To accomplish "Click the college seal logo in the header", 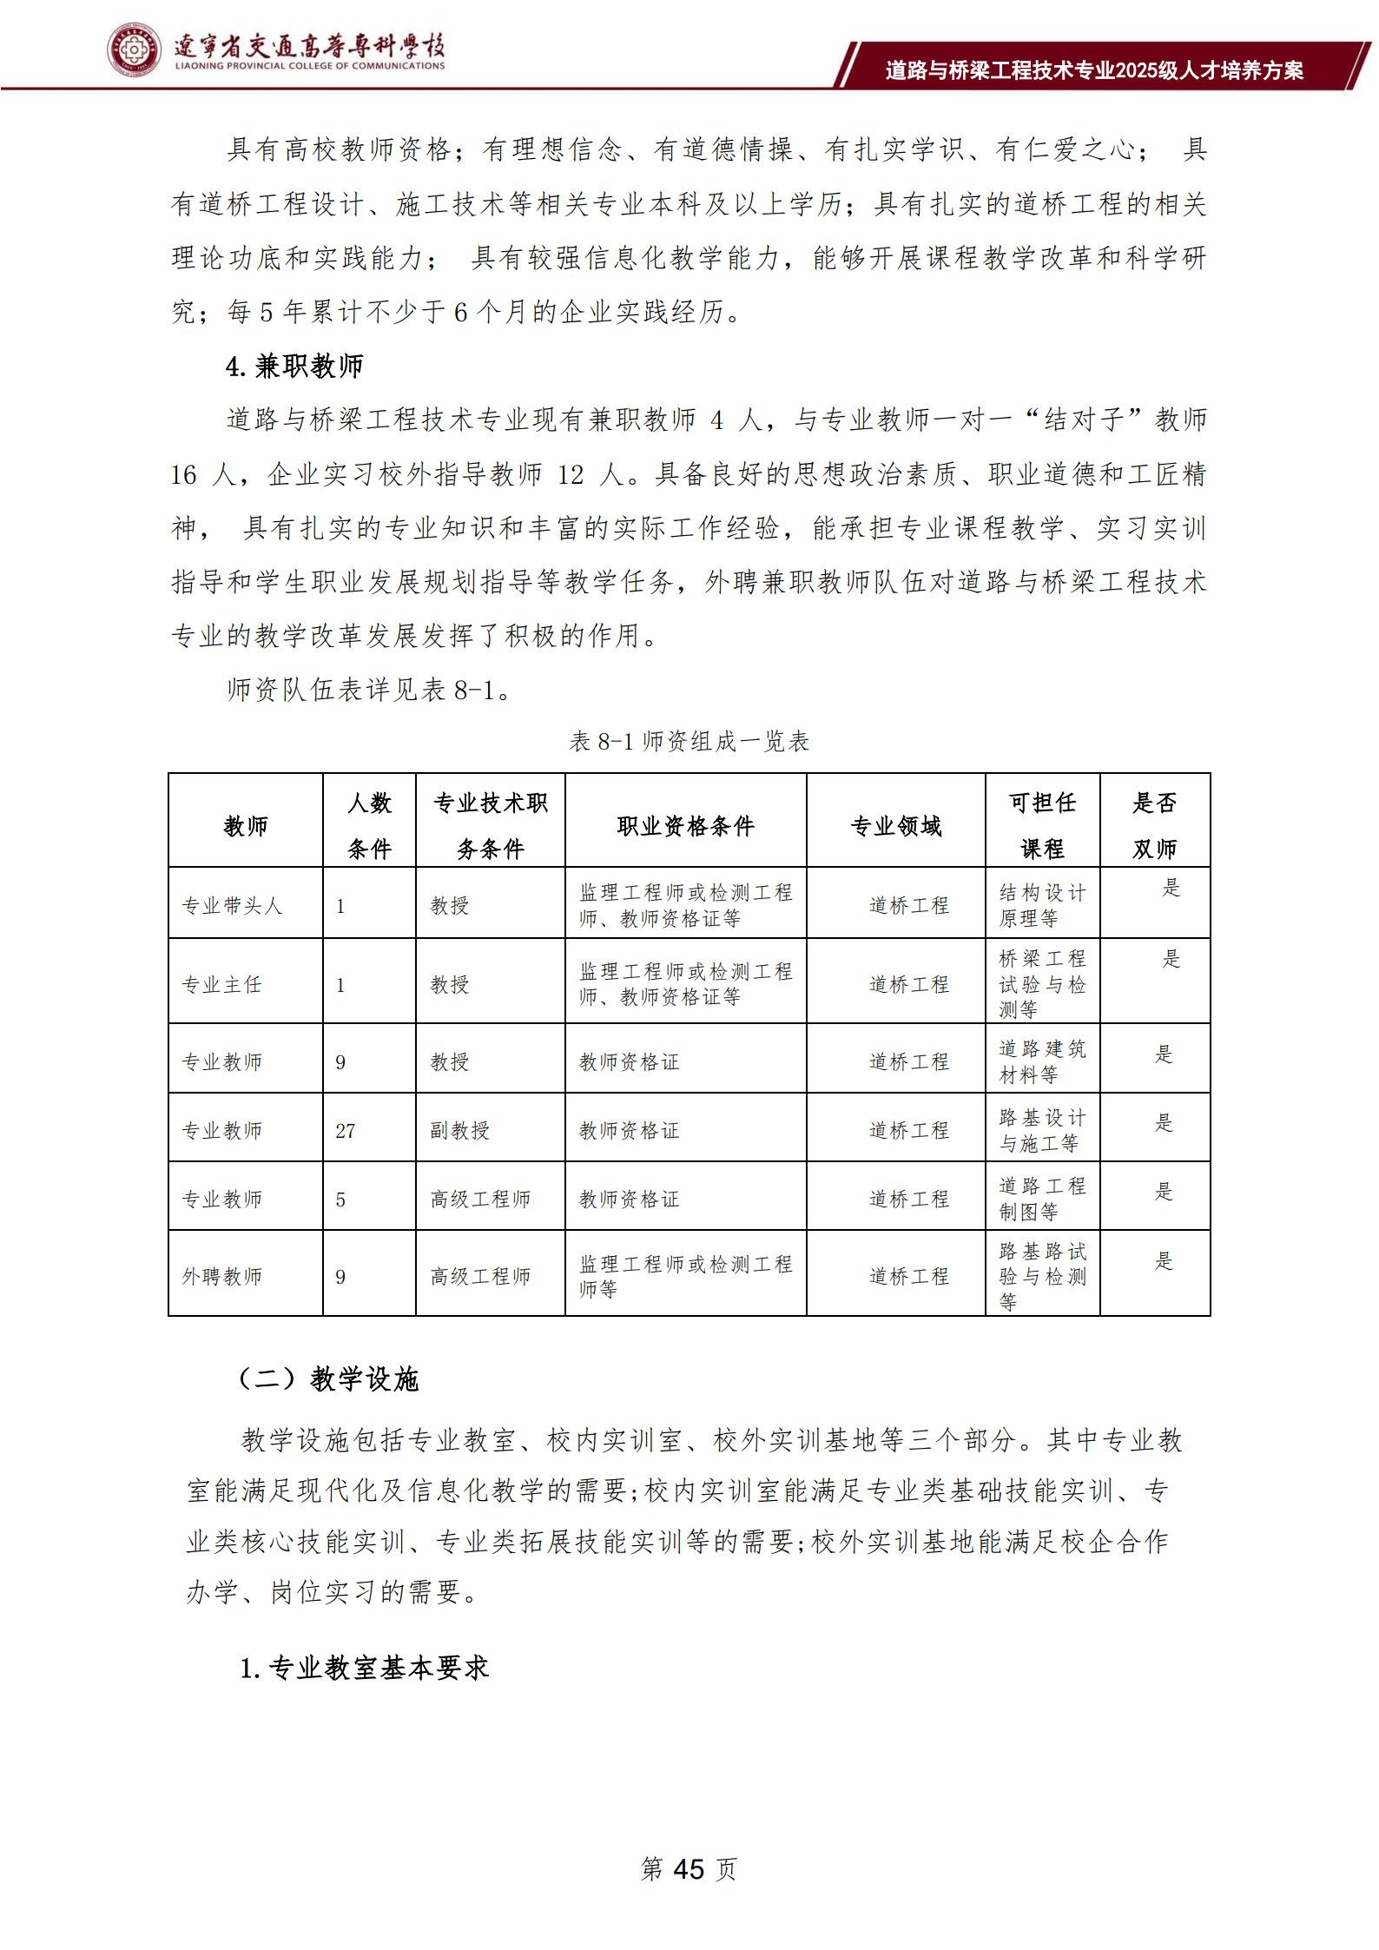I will pos(135,50).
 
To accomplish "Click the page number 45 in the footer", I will pos(688,1868).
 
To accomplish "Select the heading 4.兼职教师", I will pos(294,367).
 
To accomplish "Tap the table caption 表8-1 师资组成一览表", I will pos(689,741).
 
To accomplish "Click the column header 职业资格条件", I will pos(685,826).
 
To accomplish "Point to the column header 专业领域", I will pos(895,826).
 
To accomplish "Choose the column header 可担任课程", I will pos(1042,825).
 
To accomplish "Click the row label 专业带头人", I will pos(232,905).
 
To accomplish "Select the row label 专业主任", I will pos(221,984).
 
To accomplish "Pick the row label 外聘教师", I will pos(221,1276).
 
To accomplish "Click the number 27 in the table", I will pos(345,1130).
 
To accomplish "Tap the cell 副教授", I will pos(459,1130).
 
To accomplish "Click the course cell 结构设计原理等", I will pos(1042,905).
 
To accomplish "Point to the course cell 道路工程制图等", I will pos(1042,1198).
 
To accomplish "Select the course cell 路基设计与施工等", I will pos(1042,1130).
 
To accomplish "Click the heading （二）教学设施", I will pos(328,1378).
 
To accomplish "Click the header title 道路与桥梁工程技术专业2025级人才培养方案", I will pos(1094,70).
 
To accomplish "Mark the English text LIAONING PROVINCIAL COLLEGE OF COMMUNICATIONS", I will pos(310,66).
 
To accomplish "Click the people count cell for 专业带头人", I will pos(340,906).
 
